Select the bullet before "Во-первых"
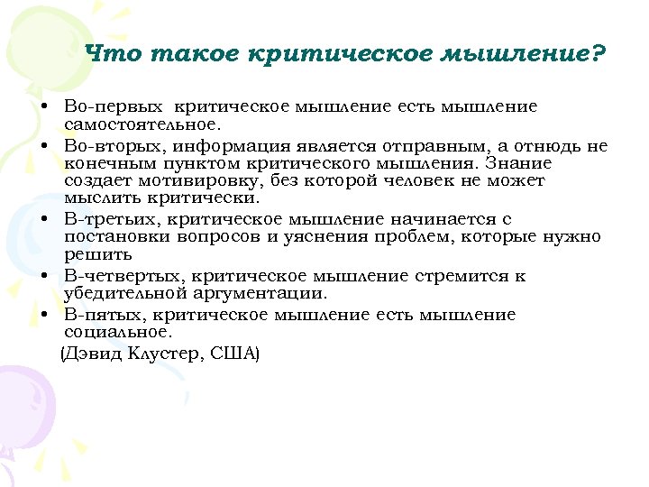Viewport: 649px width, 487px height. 43,107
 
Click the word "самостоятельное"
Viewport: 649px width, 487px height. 142,124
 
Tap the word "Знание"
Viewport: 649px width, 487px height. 518,164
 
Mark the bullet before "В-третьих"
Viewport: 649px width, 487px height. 43,220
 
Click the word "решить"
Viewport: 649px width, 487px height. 94,254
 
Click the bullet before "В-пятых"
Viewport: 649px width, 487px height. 43,315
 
